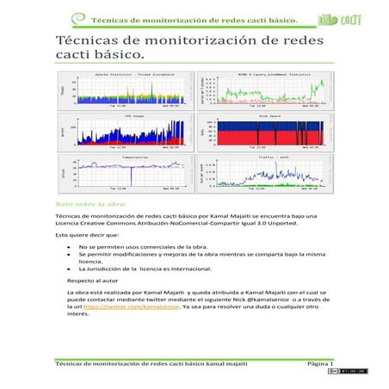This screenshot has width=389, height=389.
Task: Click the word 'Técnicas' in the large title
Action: (85, 40)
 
